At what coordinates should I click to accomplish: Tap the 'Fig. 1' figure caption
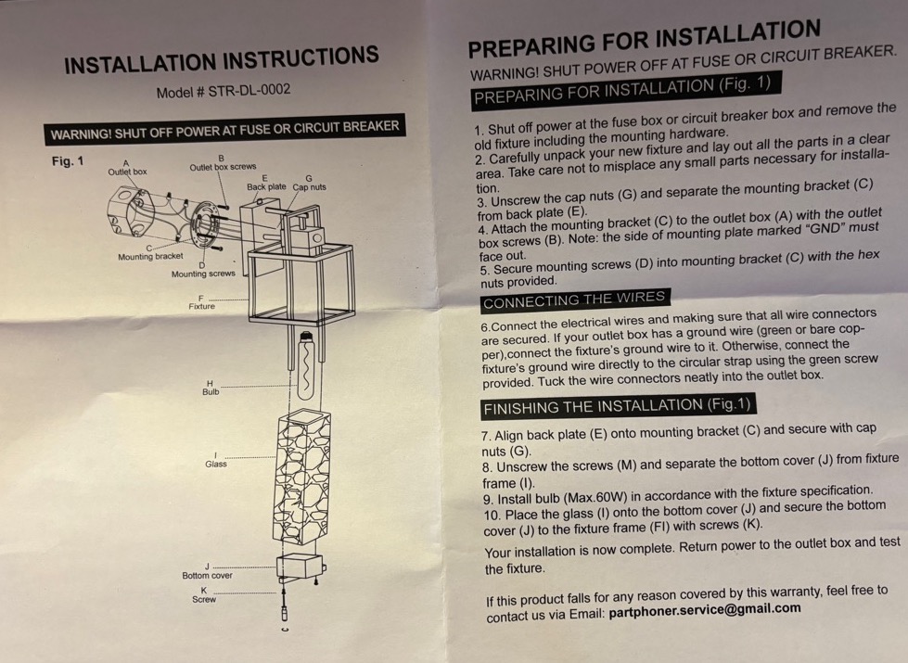click(x=68, y=161)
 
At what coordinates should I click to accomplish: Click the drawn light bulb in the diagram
click(x=305, y=365)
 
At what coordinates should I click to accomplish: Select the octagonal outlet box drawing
click(x=131, y=210)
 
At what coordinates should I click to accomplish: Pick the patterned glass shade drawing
click(x=301, y=477)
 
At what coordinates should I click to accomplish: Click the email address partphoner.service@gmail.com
click(x=705, y=609)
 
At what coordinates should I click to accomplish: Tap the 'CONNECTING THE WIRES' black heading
click(x=574, y=300)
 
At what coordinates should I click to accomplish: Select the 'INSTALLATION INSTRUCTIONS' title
click(x=222, y=59)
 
